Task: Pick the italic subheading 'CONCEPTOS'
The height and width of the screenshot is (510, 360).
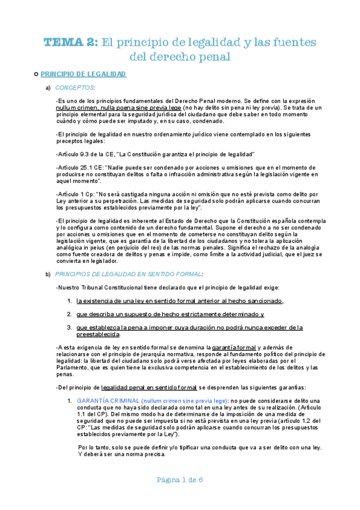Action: [x=78, y=88]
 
